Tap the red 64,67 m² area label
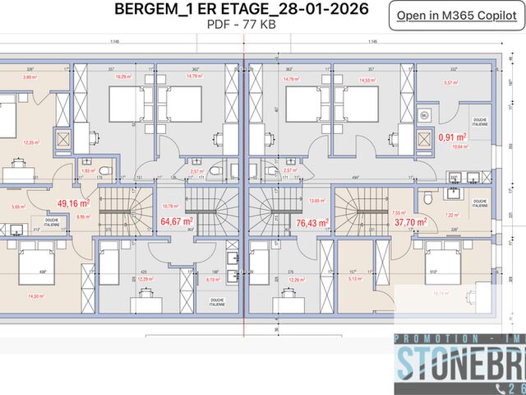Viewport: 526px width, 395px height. pyautogui.click(x=176, y=221)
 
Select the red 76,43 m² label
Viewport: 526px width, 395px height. pyautogui.click(x=311, y=221)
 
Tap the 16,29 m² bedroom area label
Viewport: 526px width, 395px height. pyautogui.click(x=124, y=77)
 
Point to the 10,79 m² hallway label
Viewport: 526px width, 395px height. pyautogui.click(x=170, y=206)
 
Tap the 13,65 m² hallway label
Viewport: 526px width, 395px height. pyautogui.click(x=316, y=200)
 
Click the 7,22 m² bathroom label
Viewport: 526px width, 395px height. pyautogui.click(x=451, y=215)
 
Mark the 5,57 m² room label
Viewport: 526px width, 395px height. pyautogui.click(x=450, y=82)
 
